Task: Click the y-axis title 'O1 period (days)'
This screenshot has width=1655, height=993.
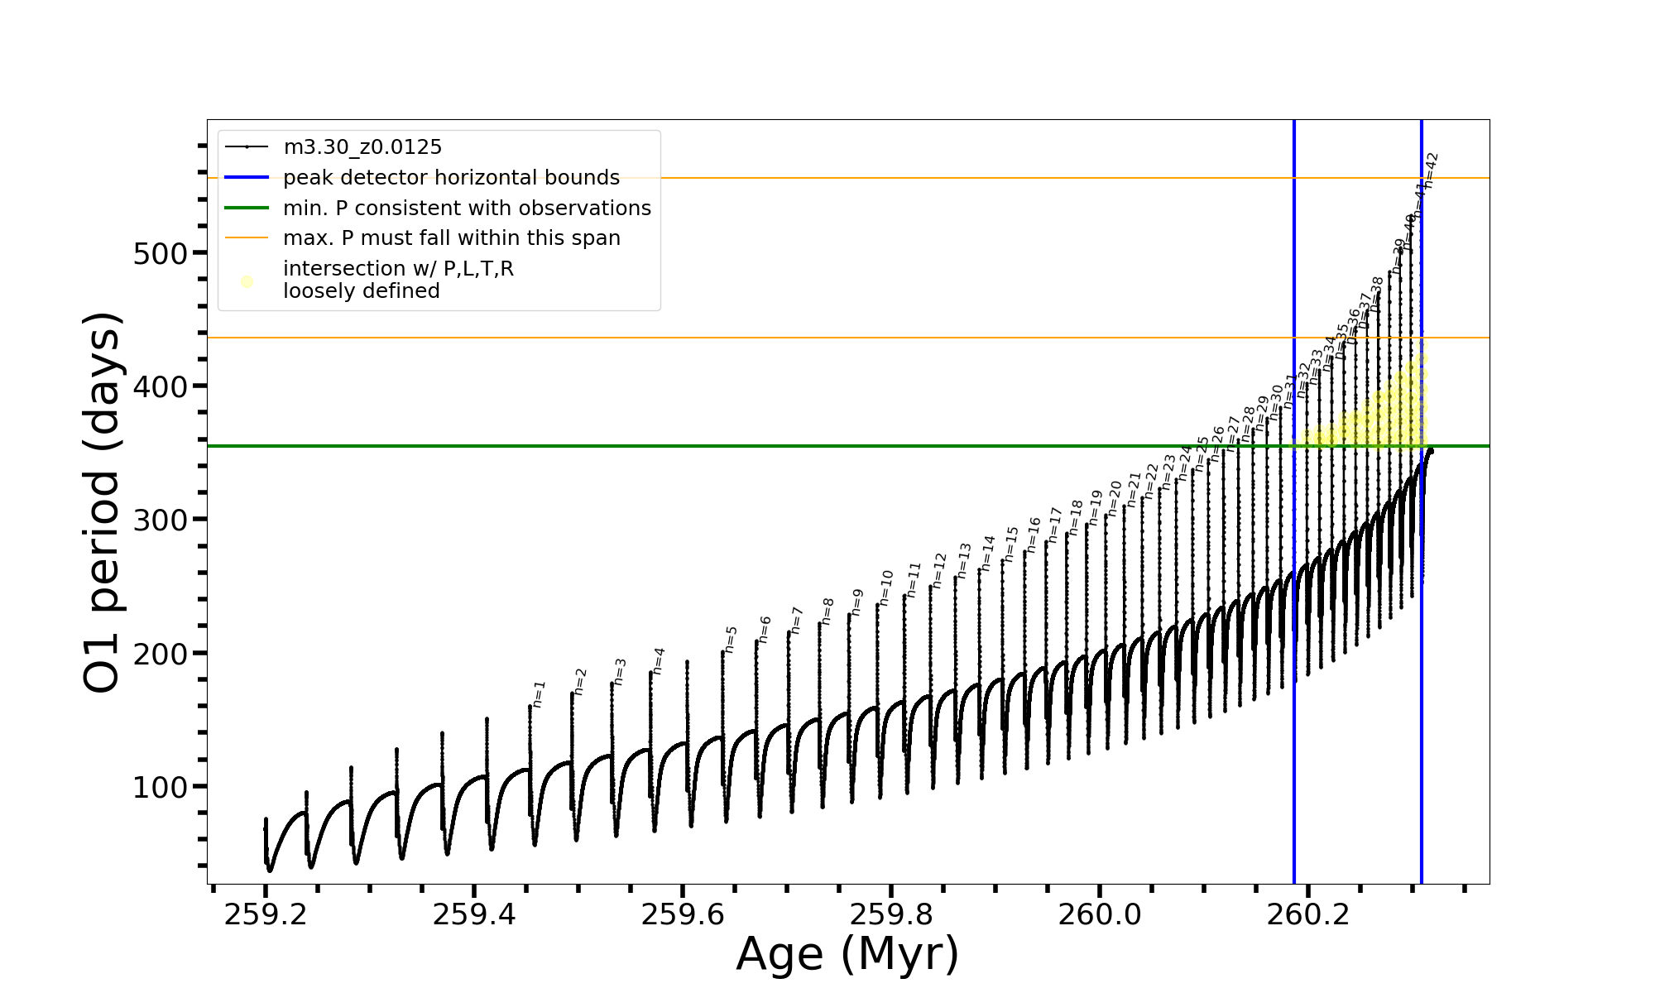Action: (x=103, y=502)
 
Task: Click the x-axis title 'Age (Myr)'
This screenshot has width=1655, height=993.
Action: (x=847, y=954)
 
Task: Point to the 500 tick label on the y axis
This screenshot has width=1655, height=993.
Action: (x=161, y=253)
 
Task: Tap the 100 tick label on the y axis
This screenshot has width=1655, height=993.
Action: (x=161, y=787)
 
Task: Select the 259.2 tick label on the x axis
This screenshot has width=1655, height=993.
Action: (x=266, y=914)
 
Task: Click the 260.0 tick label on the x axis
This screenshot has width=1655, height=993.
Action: (x=1100, y=914)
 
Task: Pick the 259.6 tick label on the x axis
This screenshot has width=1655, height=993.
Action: (x=683, y=914)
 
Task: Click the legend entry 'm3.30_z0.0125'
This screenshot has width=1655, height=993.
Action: (x=362, y=147)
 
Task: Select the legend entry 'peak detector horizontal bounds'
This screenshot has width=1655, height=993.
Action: (x=451, y=178)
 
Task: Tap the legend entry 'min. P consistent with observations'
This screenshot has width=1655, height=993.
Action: (x=467, y=208)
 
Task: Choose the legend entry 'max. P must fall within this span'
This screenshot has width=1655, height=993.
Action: (x=451, y=238)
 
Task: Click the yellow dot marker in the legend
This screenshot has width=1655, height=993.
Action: (x=247, y=281)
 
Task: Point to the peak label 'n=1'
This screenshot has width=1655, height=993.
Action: (x=539, y=694)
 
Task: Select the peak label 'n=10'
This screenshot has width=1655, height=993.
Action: (x=886, y=588)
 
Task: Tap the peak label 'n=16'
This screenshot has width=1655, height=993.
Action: (x=1033, y=535)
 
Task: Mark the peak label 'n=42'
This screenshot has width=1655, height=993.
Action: (x=1431, y=171)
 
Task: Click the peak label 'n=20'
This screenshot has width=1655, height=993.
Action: (x=1115, y=498)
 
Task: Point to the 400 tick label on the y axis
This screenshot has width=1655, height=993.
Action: (x=161, y=386)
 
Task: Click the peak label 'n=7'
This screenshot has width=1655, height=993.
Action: (x=796, y=620)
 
